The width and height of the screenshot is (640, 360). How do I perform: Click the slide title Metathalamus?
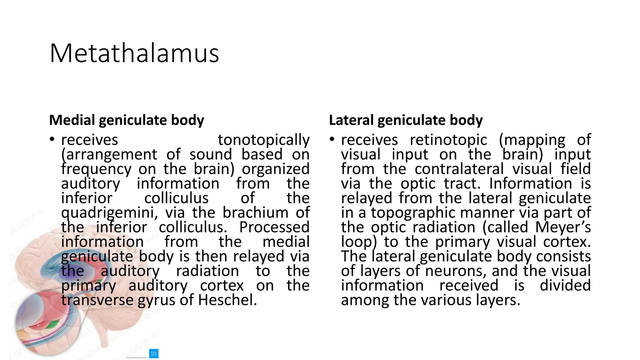pos(134,53)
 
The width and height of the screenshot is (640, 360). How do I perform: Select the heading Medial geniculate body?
pos(127,120)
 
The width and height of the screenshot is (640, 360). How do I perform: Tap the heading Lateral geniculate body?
pos(406,120)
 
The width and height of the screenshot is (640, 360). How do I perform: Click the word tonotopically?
pos(263,140)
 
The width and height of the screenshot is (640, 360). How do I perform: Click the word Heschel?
pos(227,300)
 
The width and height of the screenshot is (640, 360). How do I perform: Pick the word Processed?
pos(274,227)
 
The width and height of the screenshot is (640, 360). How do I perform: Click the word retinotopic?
pos(448,140)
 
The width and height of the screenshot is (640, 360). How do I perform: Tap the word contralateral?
pos(459,169)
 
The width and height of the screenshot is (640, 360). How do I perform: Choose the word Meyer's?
pos(563,227)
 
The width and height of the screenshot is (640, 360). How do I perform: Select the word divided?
pos(565,286)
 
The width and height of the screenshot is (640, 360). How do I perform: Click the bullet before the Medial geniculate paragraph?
pos(52,140)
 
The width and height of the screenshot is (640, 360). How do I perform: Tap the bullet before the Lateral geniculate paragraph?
pos(332,140)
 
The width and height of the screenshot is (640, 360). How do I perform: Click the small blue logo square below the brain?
pos(154,353)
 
